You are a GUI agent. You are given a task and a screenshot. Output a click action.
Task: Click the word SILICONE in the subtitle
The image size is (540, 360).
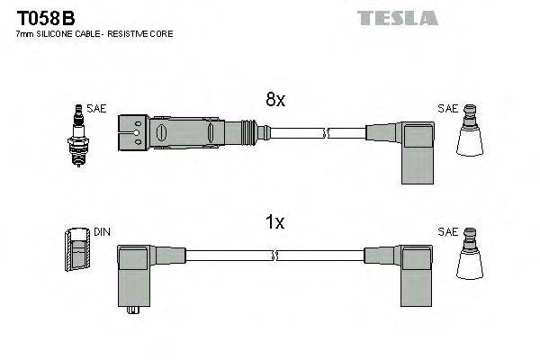[57, 33]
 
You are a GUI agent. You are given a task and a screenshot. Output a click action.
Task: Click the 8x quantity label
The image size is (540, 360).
[276, 102]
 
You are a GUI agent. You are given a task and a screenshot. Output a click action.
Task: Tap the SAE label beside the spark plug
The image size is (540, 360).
[97, 109]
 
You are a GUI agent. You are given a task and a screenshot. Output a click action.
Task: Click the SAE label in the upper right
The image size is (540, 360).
[447, 109]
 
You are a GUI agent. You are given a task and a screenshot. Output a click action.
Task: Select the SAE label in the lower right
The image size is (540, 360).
[447, 232]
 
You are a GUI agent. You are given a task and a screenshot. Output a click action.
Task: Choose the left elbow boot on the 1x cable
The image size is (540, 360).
[135, 270]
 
